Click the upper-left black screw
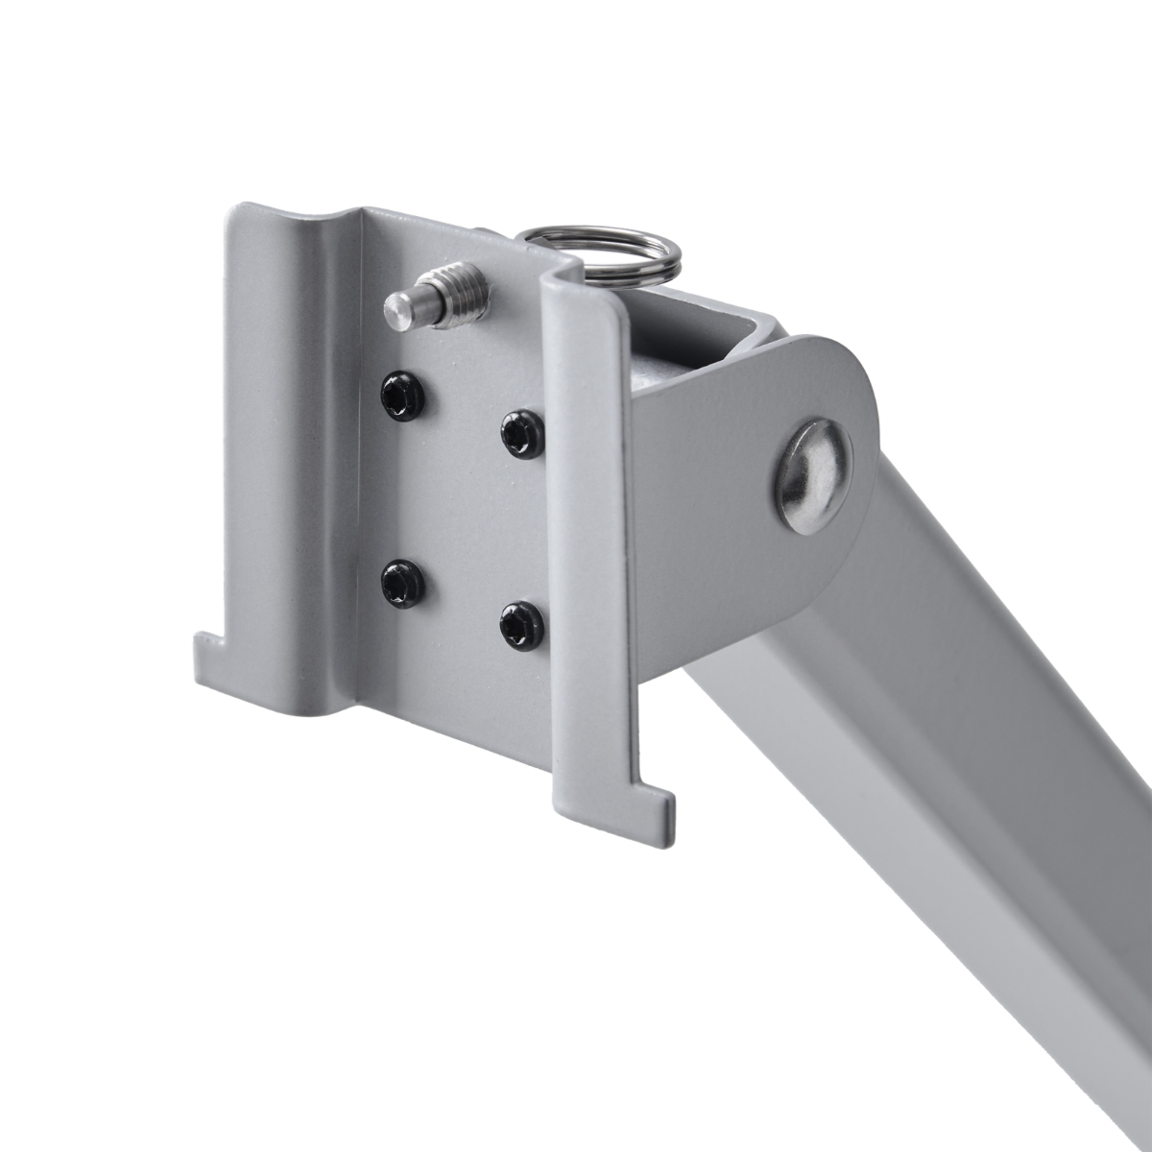[401, 396]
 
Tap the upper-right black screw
[522, 434]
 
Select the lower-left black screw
[401, 581]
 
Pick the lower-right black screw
[521, 625]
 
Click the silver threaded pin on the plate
[437, 297]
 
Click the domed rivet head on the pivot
[814, 474]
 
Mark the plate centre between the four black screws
[461, 509]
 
